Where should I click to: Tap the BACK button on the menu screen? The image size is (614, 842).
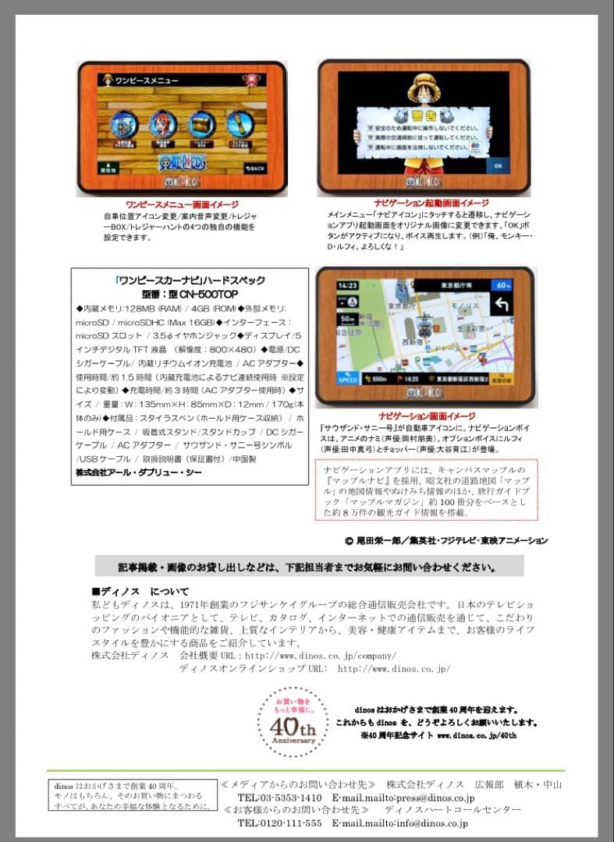tap(256, 168)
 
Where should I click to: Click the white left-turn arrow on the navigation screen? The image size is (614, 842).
tap(502, 308)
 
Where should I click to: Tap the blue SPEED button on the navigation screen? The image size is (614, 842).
tap(346, 377)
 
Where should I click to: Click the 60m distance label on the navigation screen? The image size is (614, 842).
tap(503, 285)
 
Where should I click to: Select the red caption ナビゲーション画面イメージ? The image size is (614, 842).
tap(426, 416)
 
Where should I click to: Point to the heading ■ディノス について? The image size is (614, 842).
tap(140, 591)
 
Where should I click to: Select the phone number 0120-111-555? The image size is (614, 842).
tap(279, 823)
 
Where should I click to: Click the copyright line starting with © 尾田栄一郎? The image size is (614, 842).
tap(445, 540)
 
